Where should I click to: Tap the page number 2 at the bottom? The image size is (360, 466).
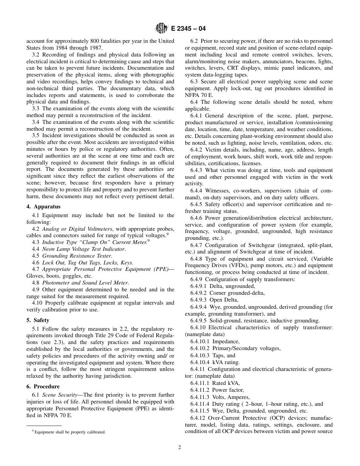(x=180, y=447)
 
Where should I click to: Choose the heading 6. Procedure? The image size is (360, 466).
(x=43, y=386)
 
